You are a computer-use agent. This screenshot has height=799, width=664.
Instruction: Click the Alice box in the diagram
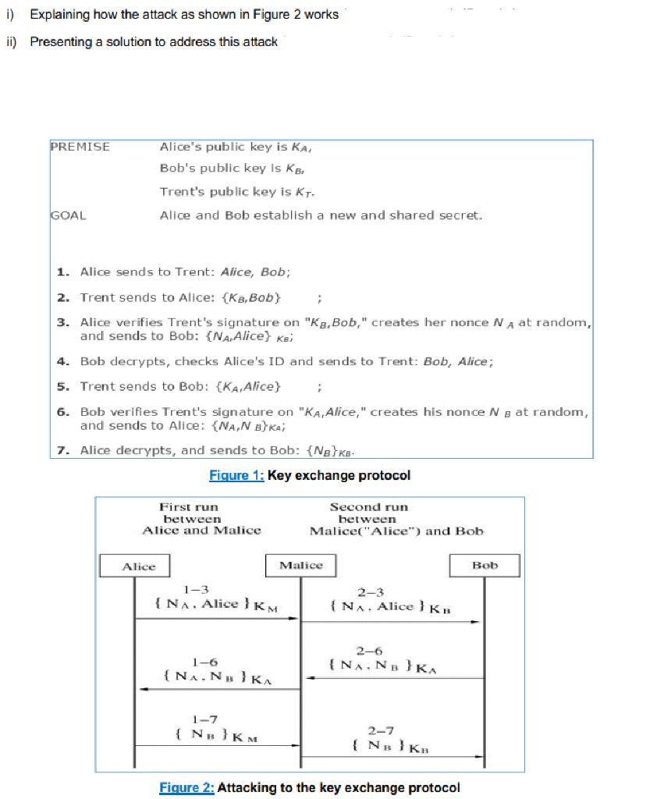[x=139, y=566]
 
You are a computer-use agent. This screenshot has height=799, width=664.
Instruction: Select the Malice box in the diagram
[x=301, y=565]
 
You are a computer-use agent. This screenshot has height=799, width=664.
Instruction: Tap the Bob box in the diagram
[x=485, y=565]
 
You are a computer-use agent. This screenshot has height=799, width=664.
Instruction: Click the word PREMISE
[x=80, y=147]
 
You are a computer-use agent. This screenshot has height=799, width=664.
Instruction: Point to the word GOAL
[x=68, y=215]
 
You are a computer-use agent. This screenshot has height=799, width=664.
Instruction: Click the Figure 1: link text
[x=236, y=475]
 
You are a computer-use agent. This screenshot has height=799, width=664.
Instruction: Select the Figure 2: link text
[x=186, y=787]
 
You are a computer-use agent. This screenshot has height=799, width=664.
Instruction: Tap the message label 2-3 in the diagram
[x=370, y=593]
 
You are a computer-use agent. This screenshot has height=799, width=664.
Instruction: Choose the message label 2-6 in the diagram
[x=370, y=651]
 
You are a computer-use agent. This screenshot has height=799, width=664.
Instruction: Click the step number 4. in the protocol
[x=62, y=361]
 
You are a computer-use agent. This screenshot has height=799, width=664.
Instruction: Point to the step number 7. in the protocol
[x=62, y=450]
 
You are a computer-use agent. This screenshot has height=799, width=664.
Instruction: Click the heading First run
[x=190, y=507]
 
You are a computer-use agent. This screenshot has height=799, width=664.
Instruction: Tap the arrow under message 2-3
[x=391, y=622]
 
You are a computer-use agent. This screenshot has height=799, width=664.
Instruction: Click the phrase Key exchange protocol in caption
[x=339, y=475]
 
